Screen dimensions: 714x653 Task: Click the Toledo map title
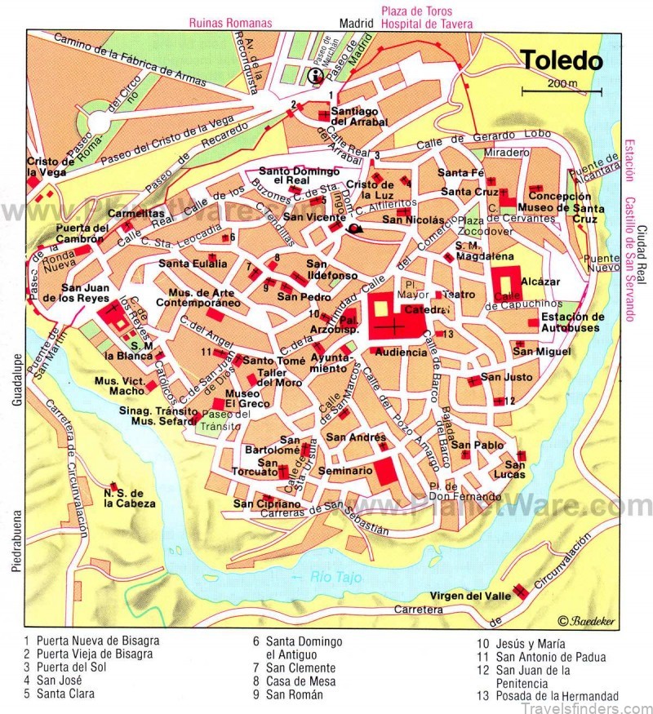(562, 60)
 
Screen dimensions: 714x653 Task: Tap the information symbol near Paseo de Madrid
(313, 77)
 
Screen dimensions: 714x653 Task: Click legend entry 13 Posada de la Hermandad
(549, 696)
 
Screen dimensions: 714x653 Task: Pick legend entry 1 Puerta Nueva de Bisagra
(91, 641)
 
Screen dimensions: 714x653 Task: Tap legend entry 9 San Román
(287, 694)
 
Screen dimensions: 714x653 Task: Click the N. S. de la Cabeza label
(129, 499)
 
